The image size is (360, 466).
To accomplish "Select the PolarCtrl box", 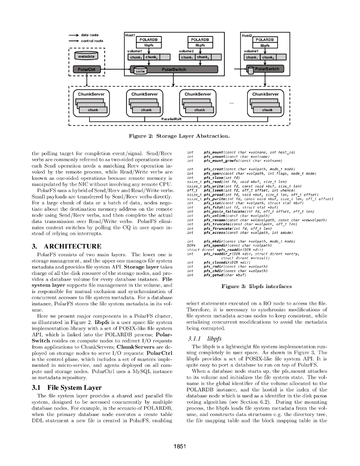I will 86,69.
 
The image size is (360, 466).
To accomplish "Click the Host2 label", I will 246,35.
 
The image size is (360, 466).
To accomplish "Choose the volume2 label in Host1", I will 187,51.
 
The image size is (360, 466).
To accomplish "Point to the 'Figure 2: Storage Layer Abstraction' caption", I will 179,135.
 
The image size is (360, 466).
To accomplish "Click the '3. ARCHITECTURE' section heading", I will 60,246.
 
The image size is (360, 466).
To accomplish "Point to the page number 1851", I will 180,446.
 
